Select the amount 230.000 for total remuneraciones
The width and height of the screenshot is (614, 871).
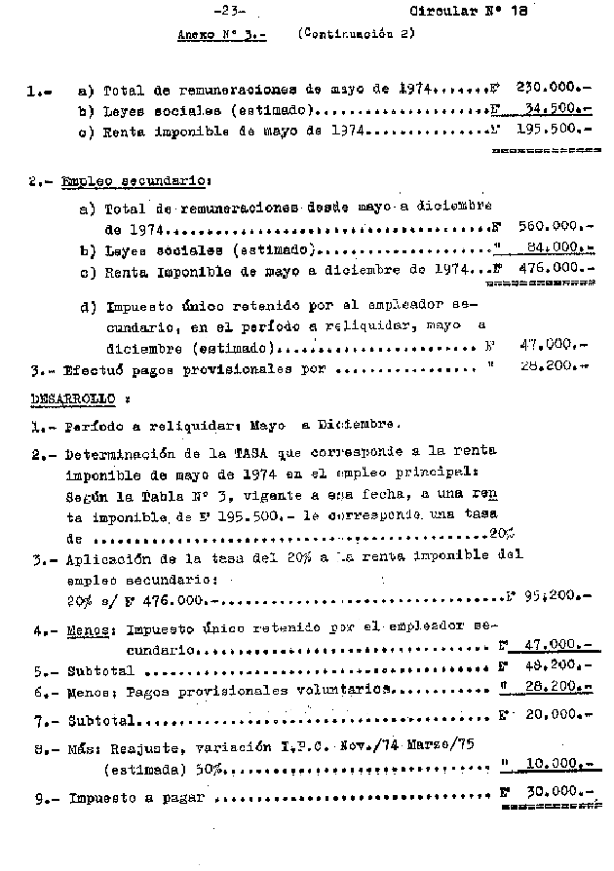[553, 87]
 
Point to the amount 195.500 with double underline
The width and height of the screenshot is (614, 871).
[553, 129]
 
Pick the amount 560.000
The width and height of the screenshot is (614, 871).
[553, 228]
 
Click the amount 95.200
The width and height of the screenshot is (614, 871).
[556, 593]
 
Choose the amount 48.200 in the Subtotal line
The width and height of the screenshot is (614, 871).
[556, 670]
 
